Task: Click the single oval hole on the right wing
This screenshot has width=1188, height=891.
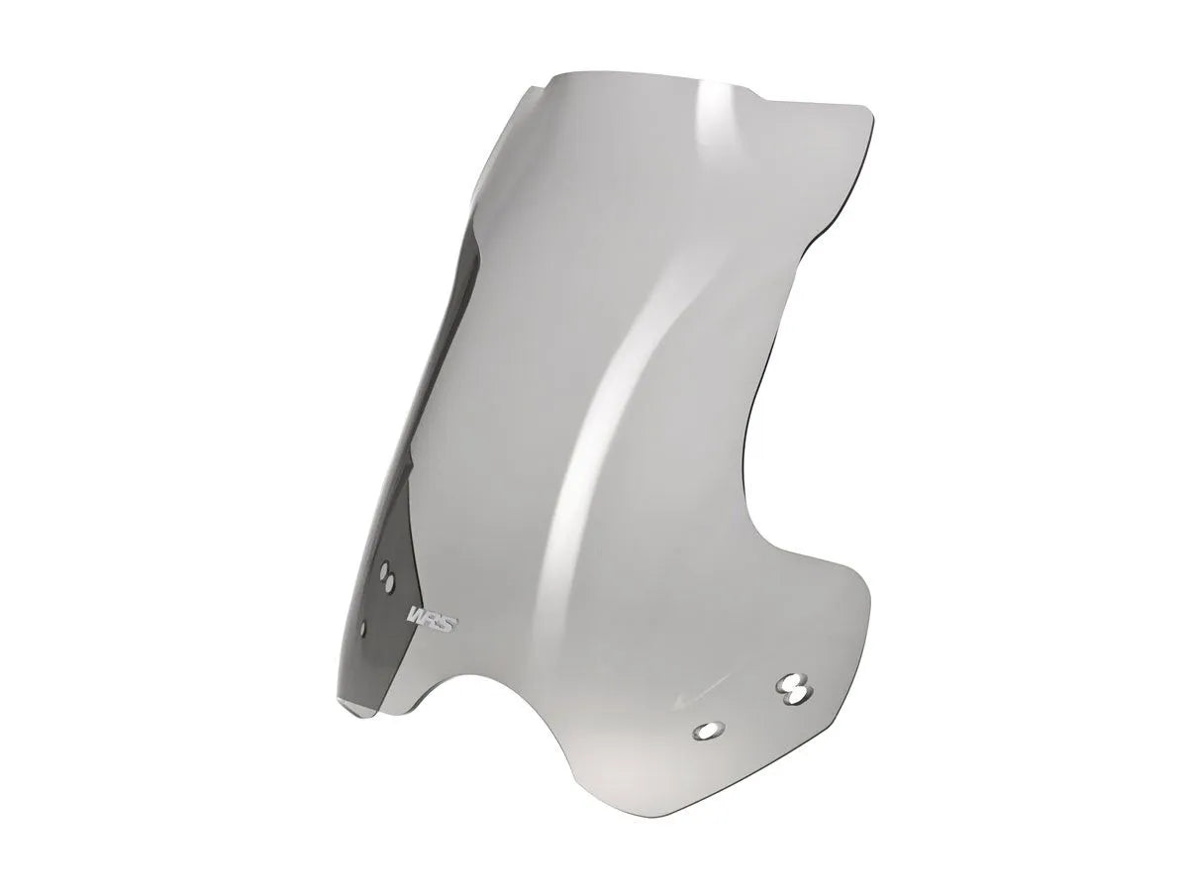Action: [x=707, y=730]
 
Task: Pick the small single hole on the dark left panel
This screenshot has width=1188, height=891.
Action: [x=365, y=626]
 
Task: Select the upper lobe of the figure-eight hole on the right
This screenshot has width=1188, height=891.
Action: [x=792, y=679]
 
